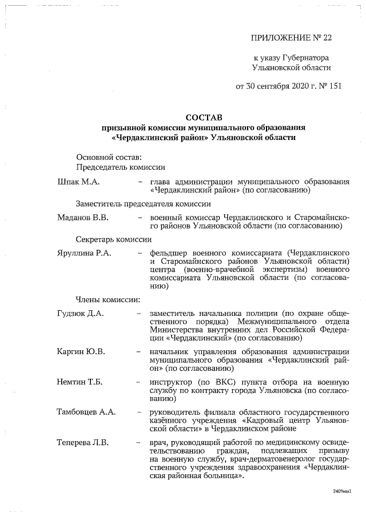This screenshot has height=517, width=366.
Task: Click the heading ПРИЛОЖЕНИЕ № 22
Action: tap(291, 38)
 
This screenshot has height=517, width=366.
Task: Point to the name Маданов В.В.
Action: tap(83, 218)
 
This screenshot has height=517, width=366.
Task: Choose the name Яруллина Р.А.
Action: tap(84, 253)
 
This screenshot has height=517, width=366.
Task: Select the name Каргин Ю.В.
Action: tap(81, 351)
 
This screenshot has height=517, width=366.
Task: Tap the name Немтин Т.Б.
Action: tap(80, 382)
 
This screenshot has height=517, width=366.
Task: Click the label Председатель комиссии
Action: tap(121, 167)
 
